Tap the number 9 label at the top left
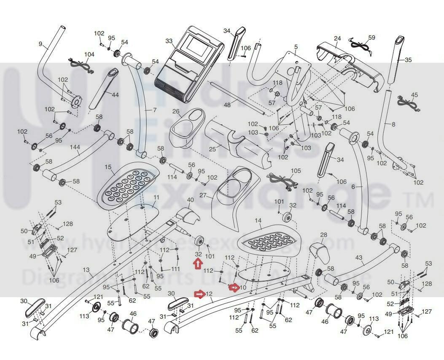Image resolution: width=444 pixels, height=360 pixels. [x=40, y=44]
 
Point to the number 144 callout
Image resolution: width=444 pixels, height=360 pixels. [x=75, y=147]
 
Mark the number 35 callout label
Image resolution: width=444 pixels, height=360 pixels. [x=408, y=60]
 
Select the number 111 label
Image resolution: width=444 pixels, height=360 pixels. [x=175, y=269]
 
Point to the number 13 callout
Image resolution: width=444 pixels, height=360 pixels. [x=86, y=270]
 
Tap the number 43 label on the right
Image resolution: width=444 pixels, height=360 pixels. [x=359, y=257]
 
